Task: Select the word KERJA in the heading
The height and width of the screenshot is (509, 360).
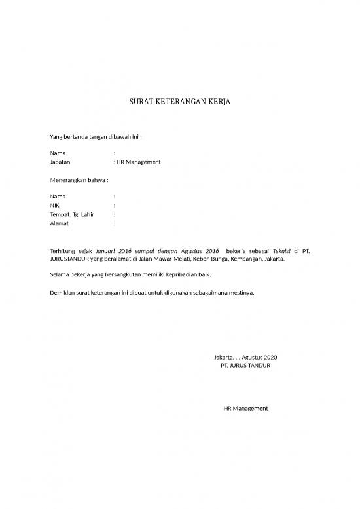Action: (218, 102)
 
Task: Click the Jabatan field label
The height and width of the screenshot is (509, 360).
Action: (60, 162)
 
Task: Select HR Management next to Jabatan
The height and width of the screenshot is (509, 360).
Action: (139, 162)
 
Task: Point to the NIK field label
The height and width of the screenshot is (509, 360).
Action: (55, 205)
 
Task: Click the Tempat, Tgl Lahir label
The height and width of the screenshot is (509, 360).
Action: (71, 214)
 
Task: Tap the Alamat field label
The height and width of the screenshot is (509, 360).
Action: (59, 223)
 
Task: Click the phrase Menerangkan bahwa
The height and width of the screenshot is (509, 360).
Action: (79, 179)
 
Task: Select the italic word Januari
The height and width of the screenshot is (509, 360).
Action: (107, 250)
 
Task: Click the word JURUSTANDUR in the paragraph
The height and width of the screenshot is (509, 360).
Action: (71, 259)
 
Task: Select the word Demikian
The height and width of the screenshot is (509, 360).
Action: (63, 292)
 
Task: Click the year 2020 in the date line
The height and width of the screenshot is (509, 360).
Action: (270, 356)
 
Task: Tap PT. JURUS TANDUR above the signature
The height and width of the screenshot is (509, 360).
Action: (245, 365)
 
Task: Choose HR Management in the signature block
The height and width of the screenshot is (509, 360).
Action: (245, 408)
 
